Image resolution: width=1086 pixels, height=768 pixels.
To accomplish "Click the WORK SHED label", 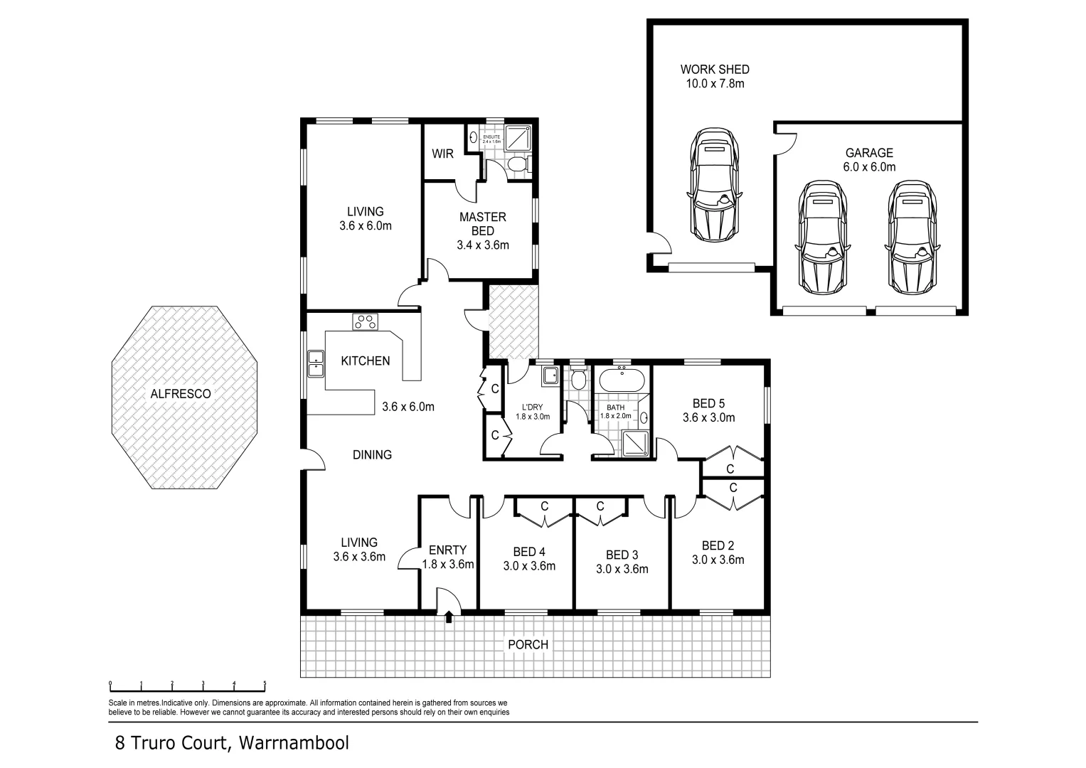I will [x=714, y=70].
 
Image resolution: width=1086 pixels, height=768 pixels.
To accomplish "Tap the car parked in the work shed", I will [x=713, y=185].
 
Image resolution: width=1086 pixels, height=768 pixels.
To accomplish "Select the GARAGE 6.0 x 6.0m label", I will [x=869, y=160].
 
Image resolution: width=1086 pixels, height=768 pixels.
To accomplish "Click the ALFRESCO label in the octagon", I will [x=180, y=393].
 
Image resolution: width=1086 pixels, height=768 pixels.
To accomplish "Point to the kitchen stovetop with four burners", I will [x=366, y=321].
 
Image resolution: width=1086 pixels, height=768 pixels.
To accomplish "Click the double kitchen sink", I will [x=315, y=363].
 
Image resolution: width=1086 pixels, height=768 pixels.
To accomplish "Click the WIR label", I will [x=442, y=154].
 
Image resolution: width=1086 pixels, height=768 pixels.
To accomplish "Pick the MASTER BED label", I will [x=482, y=224].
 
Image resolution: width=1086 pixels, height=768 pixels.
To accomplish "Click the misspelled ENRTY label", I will [x=447, y=550].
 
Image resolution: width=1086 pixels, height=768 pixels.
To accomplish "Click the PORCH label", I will [x=528, y=645].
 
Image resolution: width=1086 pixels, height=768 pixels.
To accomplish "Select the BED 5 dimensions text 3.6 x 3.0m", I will [x=708, y=418].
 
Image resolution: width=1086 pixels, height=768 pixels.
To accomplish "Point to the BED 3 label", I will [x=622, y=555].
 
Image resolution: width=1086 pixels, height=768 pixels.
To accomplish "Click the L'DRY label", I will [x=532, y=407].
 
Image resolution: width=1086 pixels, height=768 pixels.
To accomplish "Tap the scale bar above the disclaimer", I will [x=187, y=687].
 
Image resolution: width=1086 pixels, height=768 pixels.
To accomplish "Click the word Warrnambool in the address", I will [x=294, y=744].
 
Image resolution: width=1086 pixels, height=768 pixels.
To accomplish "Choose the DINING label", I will [x=372, y=454].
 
